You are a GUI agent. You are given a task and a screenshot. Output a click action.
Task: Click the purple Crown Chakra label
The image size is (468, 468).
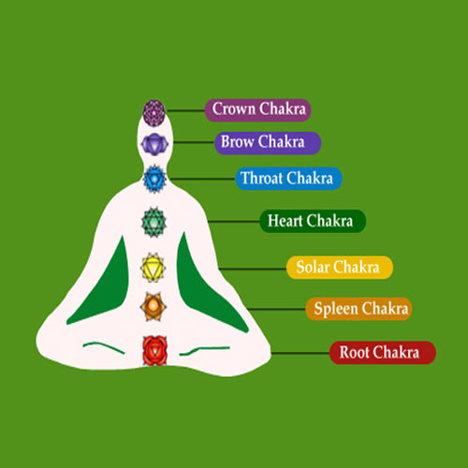click(x=257, y=110)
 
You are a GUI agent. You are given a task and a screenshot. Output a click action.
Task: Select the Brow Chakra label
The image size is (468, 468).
click(x=268, y=143)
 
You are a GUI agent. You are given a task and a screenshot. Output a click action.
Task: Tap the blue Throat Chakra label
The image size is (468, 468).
click(x=288, y=179)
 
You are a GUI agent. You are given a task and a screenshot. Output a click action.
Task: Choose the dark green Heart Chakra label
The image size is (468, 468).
click(x=313, y=221)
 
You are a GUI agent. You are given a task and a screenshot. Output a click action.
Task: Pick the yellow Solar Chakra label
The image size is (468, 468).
click(x=340, y=268)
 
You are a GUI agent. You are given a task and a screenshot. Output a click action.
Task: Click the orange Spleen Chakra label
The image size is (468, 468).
click(x=358, y=309)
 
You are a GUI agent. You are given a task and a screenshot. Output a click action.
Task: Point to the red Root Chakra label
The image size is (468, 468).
click(x=383, y=353)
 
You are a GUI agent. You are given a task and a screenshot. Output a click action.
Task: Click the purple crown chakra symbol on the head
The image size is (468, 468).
click(x=154, y=113)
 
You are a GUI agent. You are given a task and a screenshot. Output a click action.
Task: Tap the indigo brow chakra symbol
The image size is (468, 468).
click(x=154, y=144)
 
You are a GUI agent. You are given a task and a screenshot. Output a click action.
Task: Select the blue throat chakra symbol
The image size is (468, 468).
click(x=154, y=179)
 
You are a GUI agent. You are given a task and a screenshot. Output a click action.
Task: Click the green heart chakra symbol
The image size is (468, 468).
click(x=154, y=222)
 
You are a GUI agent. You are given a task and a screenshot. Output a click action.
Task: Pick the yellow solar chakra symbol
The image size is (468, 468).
click(x=153, y=268)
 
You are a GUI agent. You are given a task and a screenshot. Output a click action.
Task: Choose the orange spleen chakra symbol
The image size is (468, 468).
click(x=153, y=307)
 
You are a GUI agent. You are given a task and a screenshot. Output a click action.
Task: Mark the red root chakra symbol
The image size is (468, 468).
click(x=154, y=351)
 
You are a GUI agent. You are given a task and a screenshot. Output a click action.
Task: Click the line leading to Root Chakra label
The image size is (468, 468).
click(x=300, y=353)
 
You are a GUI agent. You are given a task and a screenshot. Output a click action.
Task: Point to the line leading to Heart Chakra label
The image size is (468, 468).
click(x=234, y=222)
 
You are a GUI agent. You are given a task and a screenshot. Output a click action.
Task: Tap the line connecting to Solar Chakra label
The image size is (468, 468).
click(x=253, y=269)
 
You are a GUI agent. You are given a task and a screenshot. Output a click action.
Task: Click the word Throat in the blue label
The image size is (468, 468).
click(x=262, y=179)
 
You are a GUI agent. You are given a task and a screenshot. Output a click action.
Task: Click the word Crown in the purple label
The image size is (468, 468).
click(x=234, y=109)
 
